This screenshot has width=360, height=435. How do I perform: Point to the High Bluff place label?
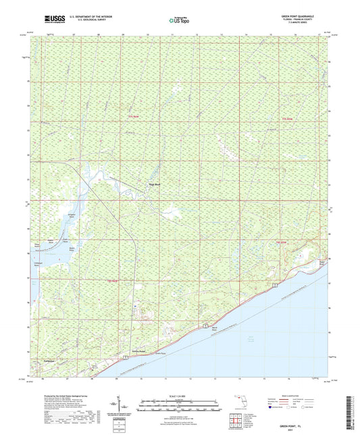pyautogui.click(x=155, y=180)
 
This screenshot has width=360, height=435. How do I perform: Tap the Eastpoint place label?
pyautogui.click(x=49, y=362)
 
